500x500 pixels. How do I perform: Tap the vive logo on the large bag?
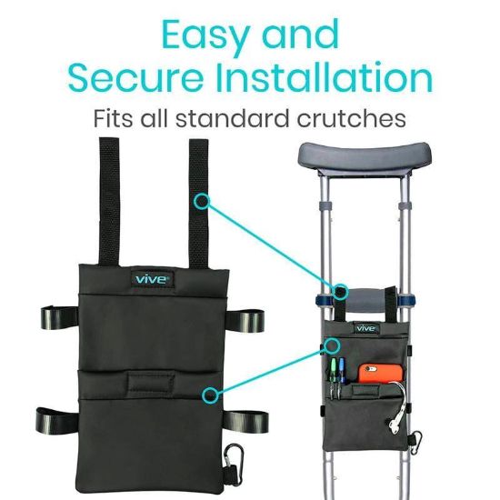[150, 277]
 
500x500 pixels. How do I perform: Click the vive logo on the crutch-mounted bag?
[365, 327]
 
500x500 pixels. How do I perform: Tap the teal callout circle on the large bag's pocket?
[210, 395]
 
